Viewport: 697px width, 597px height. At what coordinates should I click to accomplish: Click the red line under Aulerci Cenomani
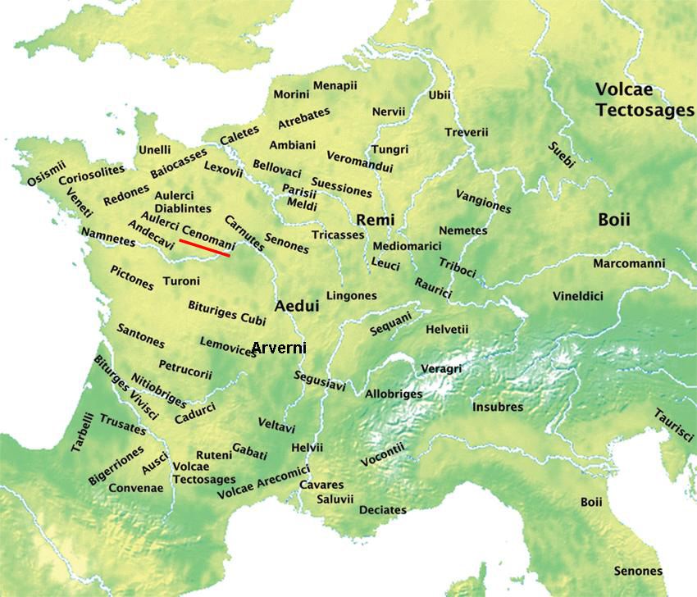click(x=205, y=248)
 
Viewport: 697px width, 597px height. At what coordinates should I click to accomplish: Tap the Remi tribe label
click(x=376, y=220)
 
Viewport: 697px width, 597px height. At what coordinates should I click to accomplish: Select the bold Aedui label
click(x=295, y=305)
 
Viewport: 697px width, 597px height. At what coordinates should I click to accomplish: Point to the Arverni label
click(x=279, y=348)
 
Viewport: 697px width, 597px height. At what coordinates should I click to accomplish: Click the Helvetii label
click(x=447, y=329)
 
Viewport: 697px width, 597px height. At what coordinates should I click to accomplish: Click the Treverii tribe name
click(x=467, y=132)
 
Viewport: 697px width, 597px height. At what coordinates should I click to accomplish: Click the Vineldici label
click(x=577, y=295)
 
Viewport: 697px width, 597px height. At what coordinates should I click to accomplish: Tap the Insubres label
click(x=498, y=407)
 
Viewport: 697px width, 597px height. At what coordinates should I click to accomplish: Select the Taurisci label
click(x=674, y=426)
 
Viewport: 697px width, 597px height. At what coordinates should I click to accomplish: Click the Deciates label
click(x=382, y=510)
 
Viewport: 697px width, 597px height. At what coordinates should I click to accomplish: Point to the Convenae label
click(x=136, y=487)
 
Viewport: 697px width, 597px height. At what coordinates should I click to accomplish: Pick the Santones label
click(x=140, y=335)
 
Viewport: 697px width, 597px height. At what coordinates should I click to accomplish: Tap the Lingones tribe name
click(x=352, y=295)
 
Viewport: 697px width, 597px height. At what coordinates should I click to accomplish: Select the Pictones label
click(x=131, y=277)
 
